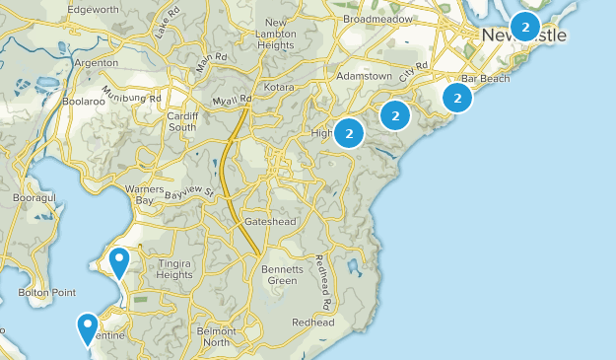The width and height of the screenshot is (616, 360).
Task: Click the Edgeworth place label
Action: pyautogui.click(x=93, y=9)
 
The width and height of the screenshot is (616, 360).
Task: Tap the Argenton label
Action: pyautogui.click(x=97, y=62)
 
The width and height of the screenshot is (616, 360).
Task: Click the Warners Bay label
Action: pyautogui.click(x=145, y=194)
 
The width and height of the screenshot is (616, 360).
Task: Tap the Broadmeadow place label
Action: pyautogui.click(x=377, y=19)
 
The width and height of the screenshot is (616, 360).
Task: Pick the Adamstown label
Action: pyautogui.click(x=363, y=75)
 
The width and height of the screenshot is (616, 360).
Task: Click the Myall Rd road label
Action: pyautogui.click(x=233, y=100)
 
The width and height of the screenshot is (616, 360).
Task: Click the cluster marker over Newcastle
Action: pyautogui.click(x=525, y=28)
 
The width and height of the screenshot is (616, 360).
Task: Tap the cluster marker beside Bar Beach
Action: pyautogui.click(x=457, y=97)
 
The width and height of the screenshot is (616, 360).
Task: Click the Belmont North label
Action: pyautogui.click(x=215, y=336)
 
